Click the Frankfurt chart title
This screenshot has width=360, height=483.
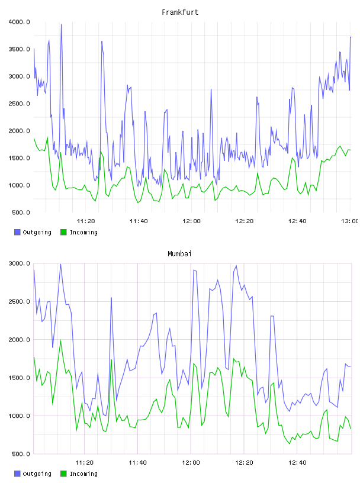pyautogui.click(x=180, y=12)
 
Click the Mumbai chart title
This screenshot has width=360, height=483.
pyautogui.click(x=179, y=254)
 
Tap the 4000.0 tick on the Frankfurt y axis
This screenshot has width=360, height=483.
pyautogui.click(x=19, y=22)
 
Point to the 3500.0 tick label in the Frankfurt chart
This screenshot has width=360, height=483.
pyautogui.click(x=19, y=49)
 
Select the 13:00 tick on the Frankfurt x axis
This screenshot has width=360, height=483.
pyautogui.click(x=350, y=221)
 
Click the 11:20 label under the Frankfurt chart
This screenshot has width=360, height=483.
pyautogui.click(x=86, y=221)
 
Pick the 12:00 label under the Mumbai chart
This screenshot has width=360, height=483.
pyautogui.click(x=191, y=463)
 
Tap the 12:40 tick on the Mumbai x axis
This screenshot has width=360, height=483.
pyautogui.click(x=297, y=463)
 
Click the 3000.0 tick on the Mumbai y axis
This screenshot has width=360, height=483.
pyautogui.click(x=19, y=263)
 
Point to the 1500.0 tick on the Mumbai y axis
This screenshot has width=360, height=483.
pyautogui.click(x=19, y=378)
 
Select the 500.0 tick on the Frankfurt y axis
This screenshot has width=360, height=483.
pyautogui.click(x=21, y=212)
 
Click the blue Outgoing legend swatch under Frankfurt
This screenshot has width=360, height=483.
pyautogui.click(x=17, y=232)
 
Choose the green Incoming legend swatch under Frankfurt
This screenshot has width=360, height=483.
pyautogui.click(x=63, y=232)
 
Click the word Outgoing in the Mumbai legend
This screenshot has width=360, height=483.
pyautogui.click(x=37, y=474)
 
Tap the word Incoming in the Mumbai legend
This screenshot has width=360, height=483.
pyautogui.click(x=83, y=474)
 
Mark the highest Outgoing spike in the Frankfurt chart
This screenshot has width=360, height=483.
pyautogui.click(x=62, y=24)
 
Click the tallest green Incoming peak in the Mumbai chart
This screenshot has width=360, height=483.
pyautogui.click(x=61, y=340)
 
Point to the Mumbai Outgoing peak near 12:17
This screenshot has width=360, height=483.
pyautogui.click(x=236, y=266)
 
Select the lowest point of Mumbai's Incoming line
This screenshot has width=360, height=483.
pyautogui.click(x=290, y=443)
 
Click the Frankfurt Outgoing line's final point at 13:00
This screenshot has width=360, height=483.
pyautogui.click(x=351, y=37)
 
